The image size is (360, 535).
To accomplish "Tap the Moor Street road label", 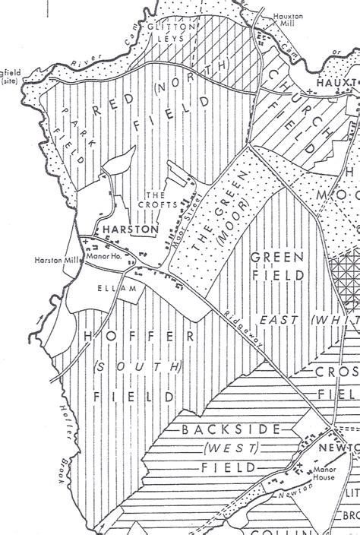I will coord(182,224).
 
